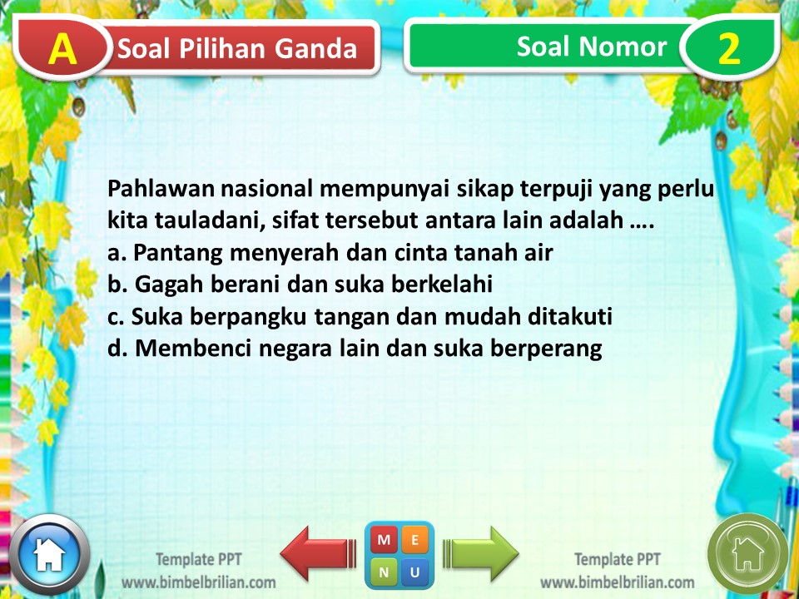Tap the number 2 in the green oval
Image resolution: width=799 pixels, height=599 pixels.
[728, 49]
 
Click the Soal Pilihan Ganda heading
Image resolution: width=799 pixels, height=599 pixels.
[237, 49]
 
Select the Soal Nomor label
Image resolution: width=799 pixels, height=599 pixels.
[591, 47]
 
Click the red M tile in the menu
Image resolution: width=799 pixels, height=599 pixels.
[385, 540]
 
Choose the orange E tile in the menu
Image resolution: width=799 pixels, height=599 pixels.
[415, 540]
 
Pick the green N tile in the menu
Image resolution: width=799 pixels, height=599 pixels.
[385, 572]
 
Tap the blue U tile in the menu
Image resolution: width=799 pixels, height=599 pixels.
[415, 572]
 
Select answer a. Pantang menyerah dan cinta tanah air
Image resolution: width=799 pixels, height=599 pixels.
[330, 252]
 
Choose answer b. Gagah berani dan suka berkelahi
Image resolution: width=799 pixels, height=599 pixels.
[300, 285]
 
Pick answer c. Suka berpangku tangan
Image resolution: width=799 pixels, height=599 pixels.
[360, 317]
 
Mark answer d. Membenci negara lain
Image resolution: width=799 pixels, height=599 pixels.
[355, 349]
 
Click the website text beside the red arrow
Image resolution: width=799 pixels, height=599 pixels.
[199, 582]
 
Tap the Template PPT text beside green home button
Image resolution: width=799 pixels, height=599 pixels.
[617, 559]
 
